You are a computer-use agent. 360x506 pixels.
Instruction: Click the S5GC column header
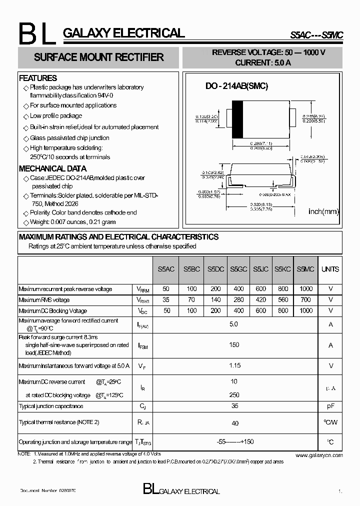(239, 269)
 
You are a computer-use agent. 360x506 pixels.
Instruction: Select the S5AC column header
(166, 269)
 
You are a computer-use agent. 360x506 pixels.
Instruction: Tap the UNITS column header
(330, 269)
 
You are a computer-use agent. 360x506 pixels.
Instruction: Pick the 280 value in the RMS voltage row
(239, 300)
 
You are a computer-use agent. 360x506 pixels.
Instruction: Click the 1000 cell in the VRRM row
(305, 289)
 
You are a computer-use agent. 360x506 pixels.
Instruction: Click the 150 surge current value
(234, 344)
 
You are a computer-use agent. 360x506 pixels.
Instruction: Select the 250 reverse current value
(234, 395)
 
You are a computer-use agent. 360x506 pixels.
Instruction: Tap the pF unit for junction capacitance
(330, 406)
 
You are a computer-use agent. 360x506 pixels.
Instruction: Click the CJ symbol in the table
(142, 406)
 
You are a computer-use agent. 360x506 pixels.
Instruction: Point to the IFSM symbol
(142, 345)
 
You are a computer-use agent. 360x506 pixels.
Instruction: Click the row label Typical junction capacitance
(51, 406)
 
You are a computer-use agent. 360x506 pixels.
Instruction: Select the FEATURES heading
(38, 78)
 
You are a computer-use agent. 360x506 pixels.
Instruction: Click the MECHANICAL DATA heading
(52, 168)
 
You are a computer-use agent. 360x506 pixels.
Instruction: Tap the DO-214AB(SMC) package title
(237, 86)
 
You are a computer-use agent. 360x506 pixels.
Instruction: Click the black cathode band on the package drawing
(238, 119)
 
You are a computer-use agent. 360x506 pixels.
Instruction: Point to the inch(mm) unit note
(323, 211)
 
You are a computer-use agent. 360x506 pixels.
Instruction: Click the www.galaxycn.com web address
(319, 455)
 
